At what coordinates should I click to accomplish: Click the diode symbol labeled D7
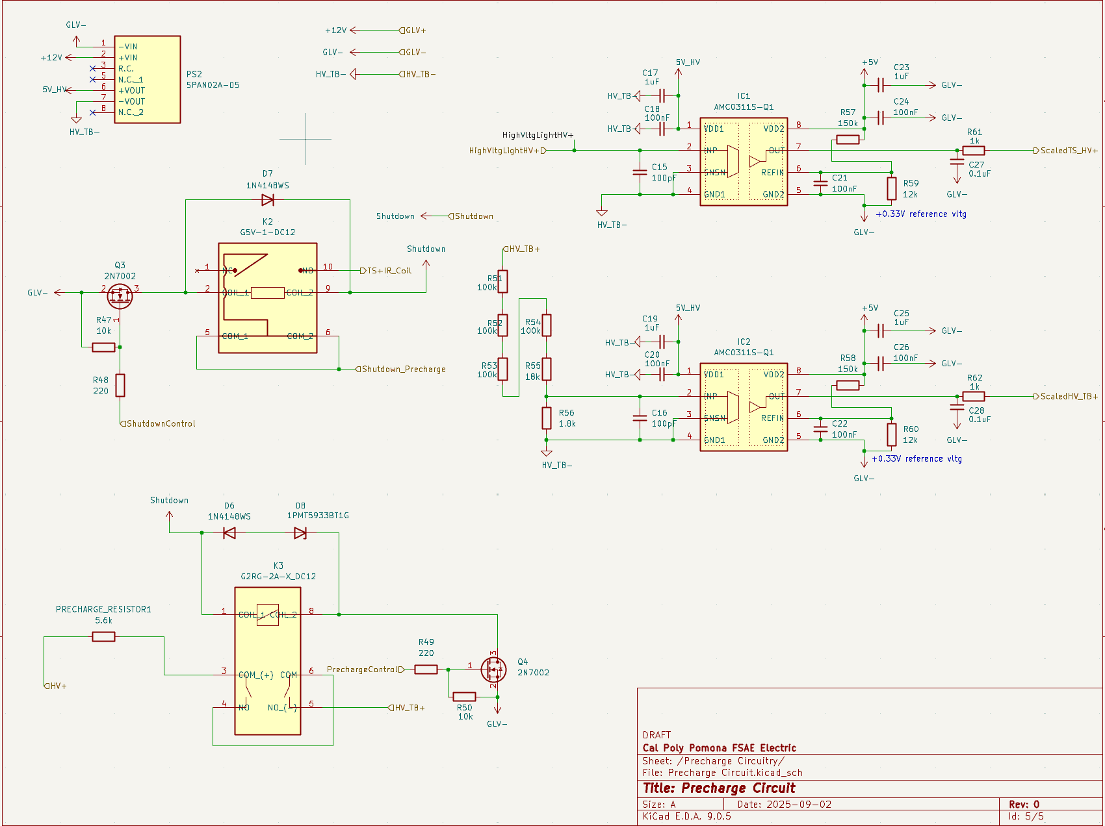(x=267, y=199)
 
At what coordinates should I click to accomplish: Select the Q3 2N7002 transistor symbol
(x=120, y=295)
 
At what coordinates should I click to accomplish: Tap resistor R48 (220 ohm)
(x=120, y=385)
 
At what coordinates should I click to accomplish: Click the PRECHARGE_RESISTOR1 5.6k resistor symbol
(x=104, y=637)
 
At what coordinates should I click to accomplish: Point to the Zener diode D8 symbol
(x=300, y=533)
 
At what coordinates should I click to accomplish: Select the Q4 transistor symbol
(x=494, y=669)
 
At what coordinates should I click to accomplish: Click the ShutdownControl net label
(x=161, y=423)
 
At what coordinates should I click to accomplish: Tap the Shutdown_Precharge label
(x=403, y=369)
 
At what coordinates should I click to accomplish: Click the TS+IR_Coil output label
(x=389, y=271)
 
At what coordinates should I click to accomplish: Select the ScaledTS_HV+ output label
(x=1068, y=151)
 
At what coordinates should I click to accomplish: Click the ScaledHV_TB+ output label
(x=1068, y=396)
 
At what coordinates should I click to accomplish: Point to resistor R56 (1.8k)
(x=547, y=418)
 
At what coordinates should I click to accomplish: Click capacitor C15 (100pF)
(x=640, y=172)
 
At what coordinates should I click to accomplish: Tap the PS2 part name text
(x=194, y=74)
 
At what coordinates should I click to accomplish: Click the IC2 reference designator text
(x=744, y=342)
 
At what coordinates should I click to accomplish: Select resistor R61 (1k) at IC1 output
(x=974, y=151)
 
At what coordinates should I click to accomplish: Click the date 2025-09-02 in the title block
(x=799, y=805)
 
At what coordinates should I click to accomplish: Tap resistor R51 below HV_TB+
(x=502, y=282)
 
